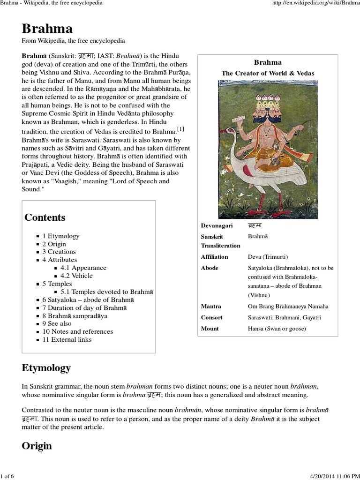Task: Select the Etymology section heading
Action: [x=46, y=367]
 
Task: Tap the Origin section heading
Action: [x=37, y=446]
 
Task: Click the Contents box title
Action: [x=45, y=217]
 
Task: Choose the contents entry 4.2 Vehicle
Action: [x=76, y=276]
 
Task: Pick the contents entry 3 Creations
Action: [x=59, y=252]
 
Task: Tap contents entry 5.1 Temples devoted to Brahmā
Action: [x=107, y=292]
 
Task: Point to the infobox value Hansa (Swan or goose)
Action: [x=277, y=329]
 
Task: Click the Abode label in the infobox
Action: [x=210, y=268]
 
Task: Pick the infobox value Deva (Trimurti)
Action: [x=268, y=257]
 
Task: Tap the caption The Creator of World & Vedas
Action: [x=268, y=73]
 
